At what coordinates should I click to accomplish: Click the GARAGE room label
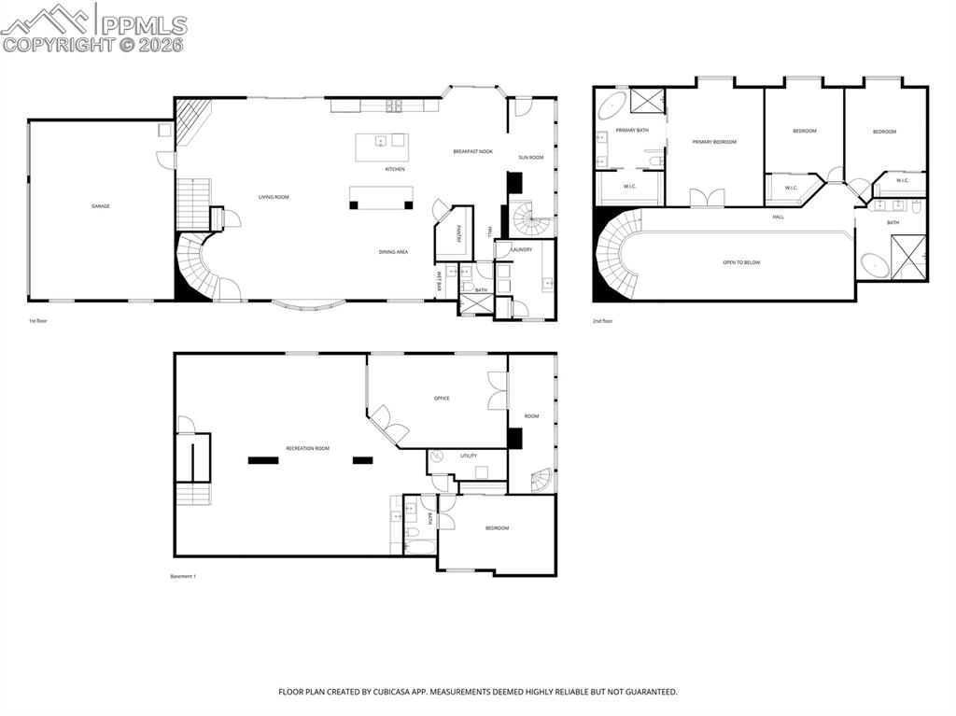[100, 206]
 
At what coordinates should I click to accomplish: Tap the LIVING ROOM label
[274, 197]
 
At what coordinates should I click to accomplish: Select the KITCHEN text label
[395, 169]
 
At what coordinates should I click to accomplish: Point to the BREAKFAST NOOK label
[472, 151]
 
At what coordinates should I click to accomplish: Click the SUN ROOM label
[530, 158]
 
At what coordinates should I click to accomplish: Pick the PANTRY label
[459, 234]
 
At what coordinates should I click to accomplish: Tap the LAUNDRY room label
[521, 249]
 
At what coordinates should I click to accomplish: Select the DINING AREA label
[393, 252]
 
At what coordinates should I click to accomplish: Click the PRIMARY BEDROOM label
[714, 142]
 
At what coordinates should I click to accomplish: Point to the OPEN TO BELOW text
[741, 262]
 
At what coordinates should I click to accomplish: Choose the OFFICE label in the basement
[442, 399]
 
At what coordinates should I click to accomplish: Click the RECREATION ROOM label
[307, 448]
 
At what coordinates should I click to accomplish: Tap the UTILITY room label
[469, 456]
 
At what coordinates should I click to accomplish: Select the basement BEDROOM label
[497, 528]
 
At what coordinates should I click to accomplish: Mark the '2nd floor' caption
[602, 321]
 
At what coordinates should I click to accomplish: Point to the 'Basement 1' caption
[183, 576]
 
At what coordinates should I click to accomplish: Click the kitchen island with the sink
[382, 142]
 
